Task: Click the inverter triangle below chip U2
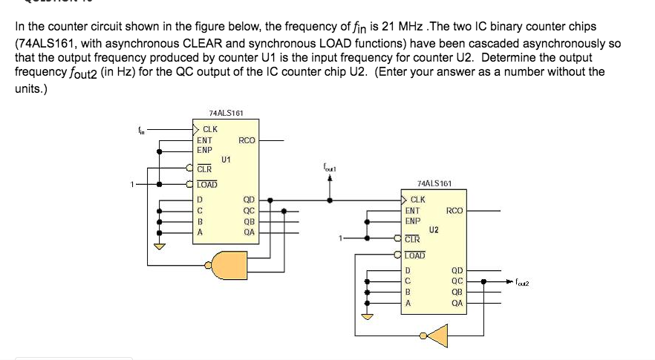click(x=437, y=335)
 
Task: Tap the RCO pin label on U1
click(x=247, y=140)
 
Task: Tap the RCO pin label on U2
click(x=454, y=211)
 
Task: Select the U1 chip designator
click(x=226, y=160)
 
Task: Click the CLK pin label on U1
click(x=210, y=130)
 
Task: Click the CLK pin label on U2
click(x=418, y=200)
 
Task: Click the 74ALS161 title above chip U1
click(x=226, y=113)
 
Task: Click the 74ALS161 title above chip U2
click(x=433, y=183)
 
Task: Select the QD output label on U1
click(x=249, y=200)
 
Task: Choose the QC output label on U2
click(x=457, y=281)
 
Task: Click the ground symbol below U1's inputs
click(x=157, y=246)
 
